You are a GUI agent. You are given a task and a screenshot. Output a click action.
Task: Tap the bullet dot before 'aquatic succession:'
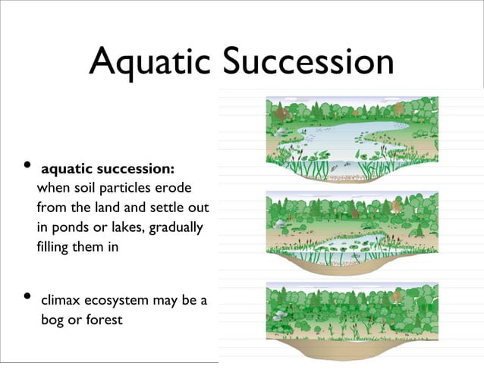(x=27, y=165)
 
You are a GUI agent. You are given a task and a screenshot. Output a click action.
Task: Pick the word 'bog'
(x=52, y=320)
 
